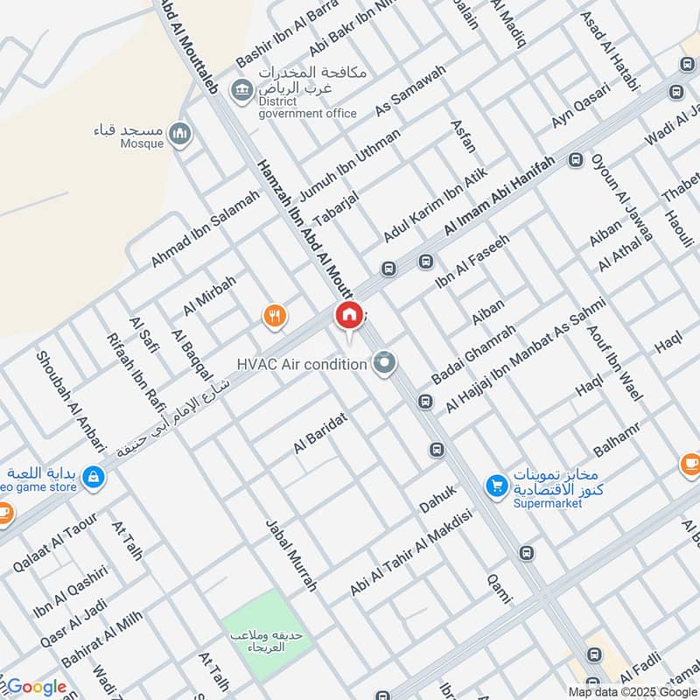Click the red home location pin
349,315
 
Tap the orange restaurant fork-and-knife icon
276,316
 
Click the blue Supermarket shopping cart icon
496,484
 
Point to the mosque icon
181,132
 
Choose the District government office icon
240,89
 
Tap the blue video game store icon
94,477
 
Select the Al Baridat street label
321,433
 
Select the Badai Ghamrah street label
474,354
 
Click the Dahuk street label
438,500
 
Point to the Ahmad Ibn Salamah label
206,230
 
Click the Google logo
36,687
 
